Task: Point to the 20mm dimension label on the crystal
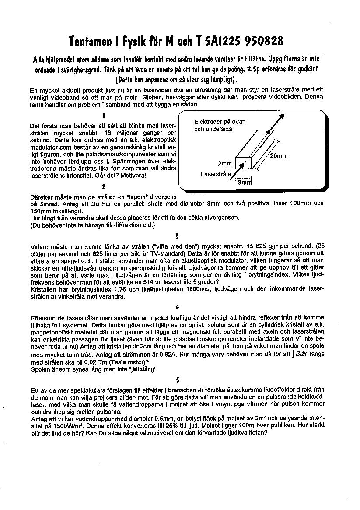pos(279,156)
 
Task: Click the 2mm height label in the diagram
pos(224,163)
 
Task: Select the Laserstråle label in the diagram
pos(216,174)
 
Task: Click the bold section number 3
pos(177,236)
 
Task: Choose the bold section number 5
pos(177,380)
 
